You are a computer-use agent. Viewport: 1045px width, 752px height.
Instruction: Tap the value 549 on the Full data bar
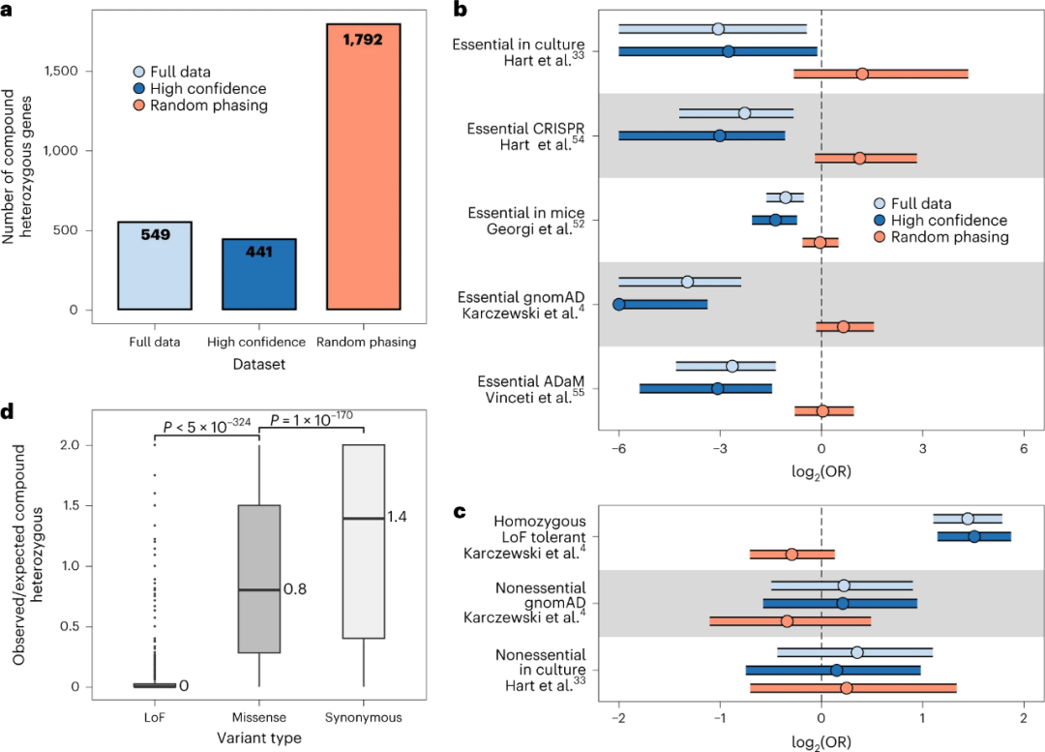[155, 235]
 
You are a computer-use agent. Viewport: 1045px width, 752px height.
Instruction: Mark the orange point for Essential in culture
[862, 74]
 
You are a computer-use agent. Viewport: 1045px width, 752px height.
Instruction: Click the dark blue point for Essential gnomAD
[619, 305]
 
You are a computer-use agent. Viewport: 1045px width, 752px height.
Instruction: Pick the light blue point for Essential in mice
[786, 197]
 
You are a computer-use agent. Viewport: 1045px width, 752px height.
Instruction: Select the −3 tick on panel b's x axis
[720, 450]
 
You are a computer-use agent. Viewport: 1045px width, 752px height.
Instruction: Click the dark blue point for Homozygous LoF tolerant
[973, 536]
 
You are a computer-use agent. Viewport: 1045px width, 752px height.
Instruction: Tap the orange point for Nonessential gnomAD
[787, 620]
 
